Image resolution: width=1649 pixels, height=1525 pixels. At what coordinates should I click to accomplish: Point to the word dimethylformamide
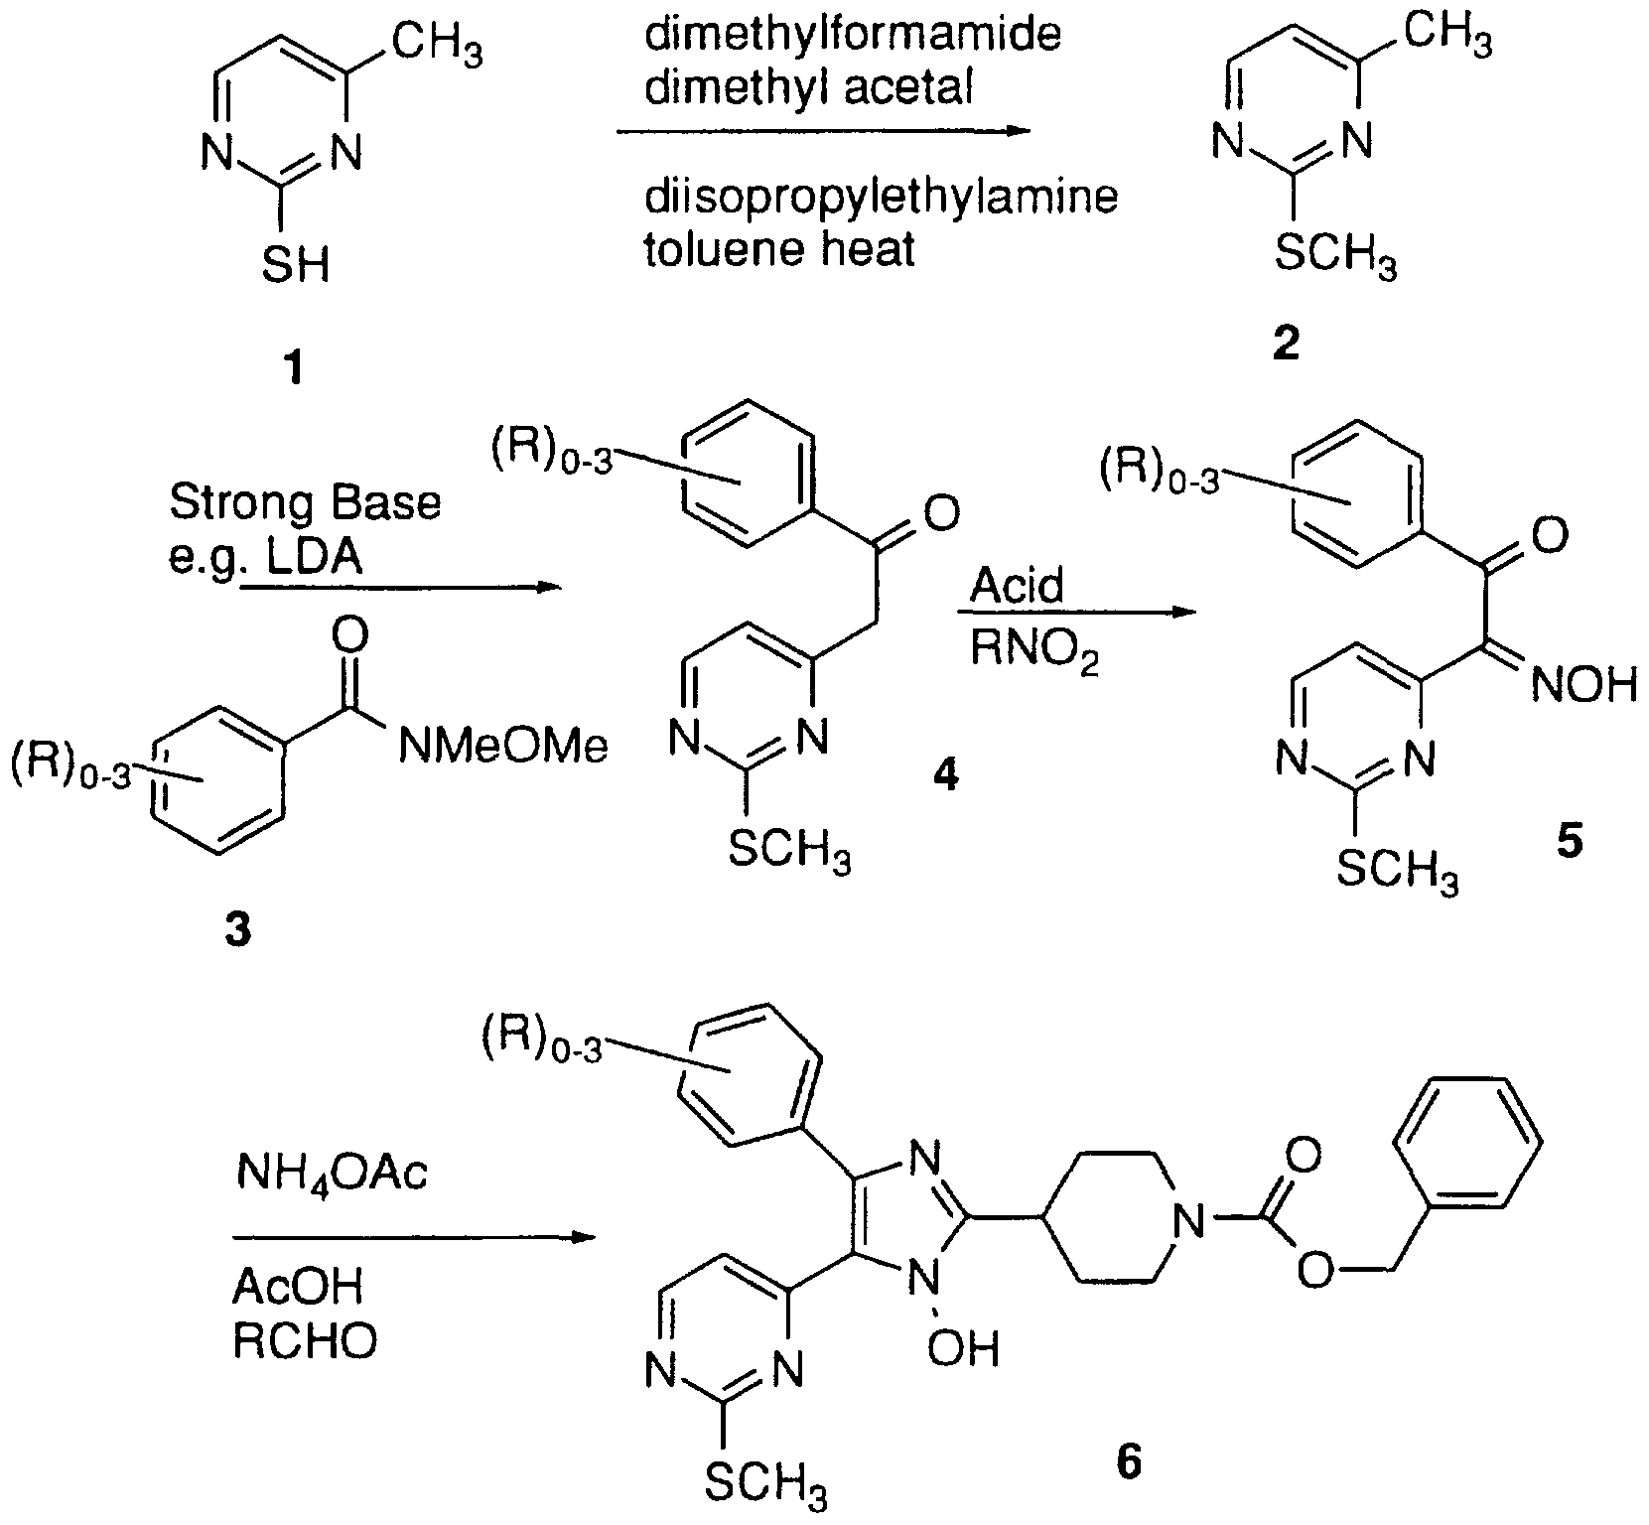point(853,36)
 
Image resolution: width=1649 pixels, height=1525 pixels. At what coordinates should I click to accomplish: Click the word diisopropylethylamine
point(881,197)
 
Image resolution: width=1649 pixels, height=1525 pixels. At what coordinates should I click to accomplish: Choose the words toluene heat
point(779,248)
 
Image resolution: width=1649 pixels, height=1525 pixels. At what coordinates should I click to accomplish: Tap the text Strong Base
point(305,503)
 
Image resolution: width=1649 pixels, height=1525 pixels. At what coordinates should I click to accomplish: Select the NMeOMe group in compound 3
point(502,747)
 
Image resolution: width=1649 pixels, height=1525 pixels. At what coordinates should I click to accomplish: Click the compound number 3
point(237,930)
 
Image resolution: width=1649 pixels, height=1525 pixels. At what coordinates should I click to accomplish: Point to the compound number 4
point(944,775)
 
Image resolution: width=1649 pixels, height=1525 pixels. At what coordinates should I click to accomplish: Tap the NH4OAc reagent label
point(332,1176)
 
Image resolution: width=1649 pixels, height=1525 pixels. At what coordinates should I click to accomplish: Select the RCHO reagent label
point(305,1342)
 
